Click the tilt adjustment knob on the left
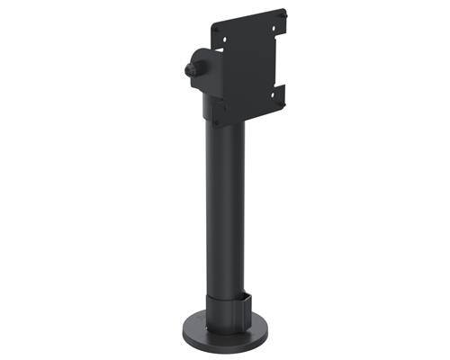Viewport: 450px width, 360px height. tap(190, 69)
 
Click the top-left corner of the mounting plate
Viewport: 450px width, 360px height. tap(213, 24)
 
